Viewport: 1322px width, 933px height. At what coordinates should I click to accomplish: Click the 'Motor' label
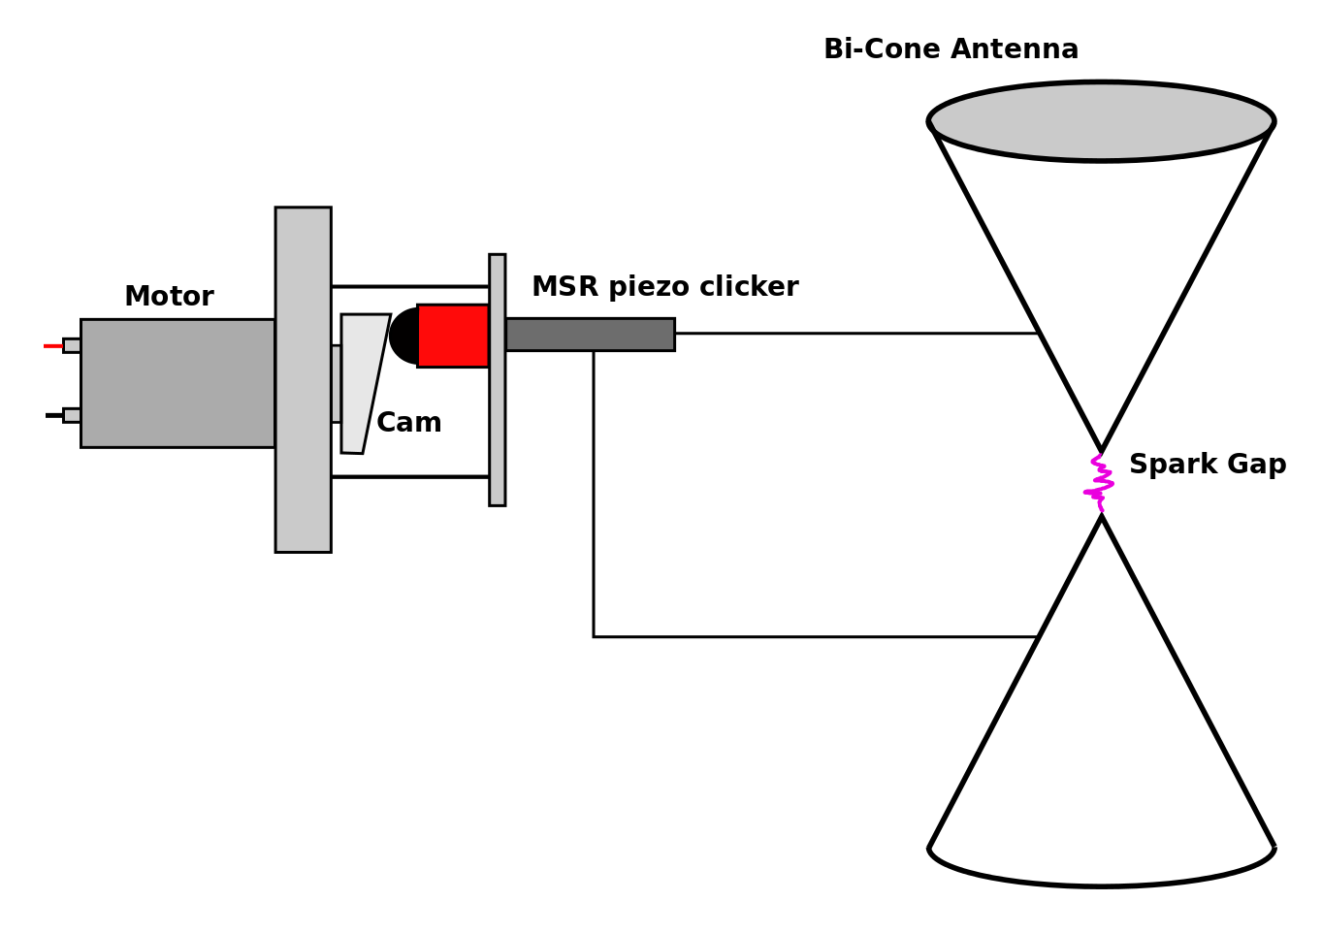(169, 297)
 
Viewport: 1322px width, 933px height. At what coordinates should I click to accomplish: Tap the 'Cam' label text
(408, 423)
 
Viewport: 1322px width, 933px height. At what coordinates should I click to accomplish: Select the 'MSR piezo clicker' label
(664, 287)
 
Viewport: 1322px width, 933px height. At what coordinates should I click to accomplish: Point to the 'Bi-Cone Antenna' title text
(951, 49)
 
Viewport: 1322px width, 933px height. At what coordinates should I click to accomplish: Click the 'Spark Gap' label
(1207, 465)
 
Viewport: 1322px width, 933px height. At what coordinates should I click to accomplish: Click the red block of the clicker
(453, 336)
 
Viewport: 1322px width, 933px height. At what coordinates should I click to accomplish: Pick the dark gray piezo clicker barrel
(590, 335)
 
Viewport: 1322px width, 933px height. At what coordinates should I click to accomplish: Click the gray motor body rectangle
(177, 383)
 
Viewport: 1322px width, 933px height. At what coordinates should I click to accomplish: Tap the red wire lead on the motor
(52, 345)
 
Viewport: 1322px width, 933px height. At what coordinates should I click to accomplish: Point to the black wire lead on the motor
(53, 415)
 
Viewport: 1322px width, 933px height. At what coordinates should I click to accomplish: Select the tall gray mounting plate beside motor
(303, 379)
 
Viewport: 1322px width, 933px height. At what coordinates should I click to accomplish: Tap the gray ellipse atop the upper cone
(1101, 121)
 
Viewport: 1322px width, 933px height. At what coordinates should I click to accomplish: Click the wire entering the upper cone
(854, 333)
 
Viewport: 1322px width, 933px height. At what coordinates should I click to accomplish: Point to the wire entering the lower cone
(815, 636)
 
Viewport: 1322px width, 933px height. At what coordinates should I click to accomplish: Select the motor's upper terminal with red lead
(72, 345)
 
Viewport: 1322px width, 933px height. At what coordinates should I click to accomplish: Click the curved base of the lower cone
(1101, 884)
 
